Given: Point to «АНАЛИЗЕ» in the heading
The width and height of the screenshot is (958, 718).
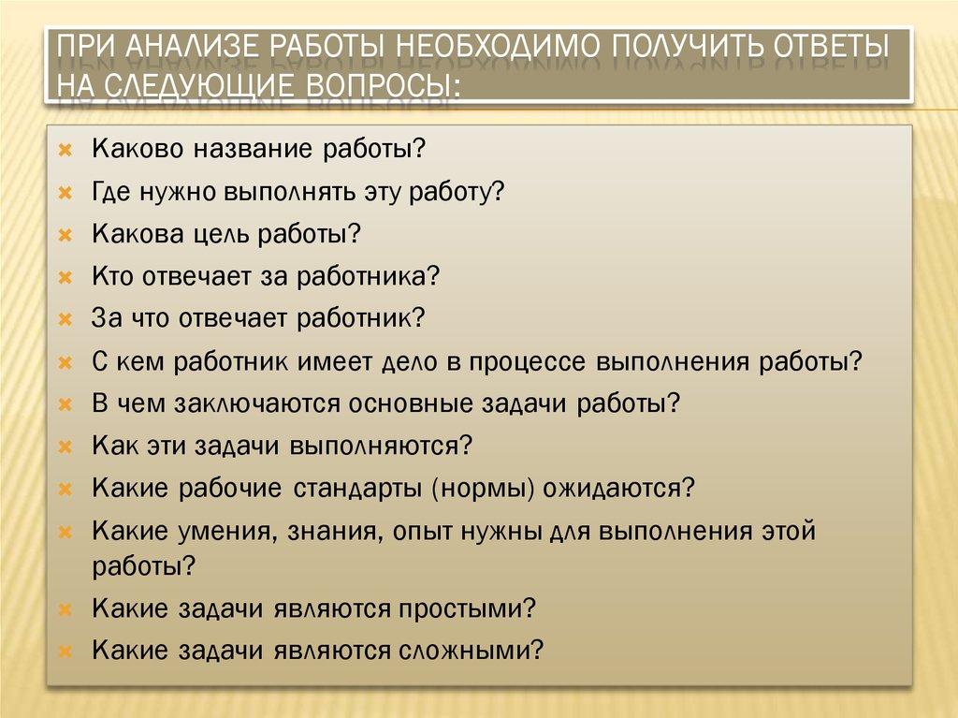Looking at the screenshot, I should pos(192,46).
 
